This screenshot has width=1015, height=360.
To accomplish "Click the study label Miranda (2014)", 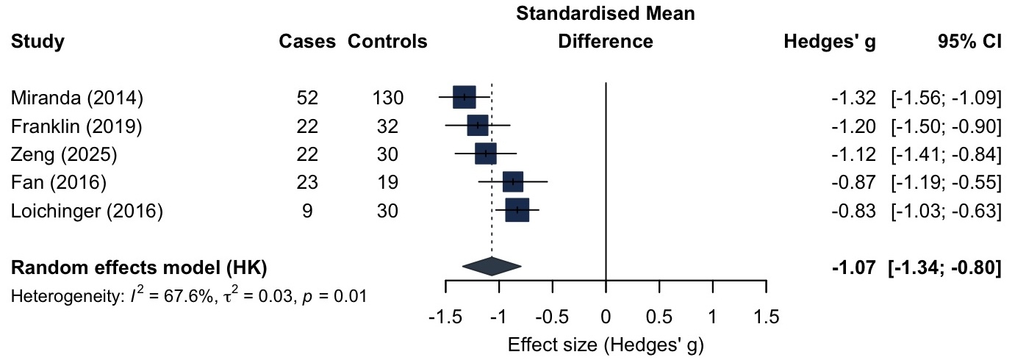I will (x=77, y=98).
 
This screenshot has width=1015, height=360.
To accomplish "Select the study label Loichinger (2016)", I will (x=87, y=212).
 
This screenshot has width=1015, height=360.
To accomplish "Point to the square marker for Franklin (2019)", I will (x=478, y=126).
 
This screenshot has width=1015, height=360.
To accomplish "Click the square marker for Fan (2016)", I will (x=513, y=182).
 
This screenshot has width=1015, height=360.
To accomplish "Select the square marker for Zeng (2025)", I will (x=486, y=154).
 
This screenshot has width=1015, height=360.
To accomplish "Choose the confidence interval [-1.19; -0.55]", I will (x=946, y=183).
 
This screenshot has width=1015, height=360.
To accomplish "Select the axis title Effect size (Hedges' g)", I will (x=606, y=345).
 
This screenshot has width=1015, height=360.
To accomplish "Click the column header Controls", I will (x=387, y=42).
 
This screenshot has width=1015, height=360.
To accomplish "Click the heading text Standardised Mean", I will (x=606, y=14).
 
